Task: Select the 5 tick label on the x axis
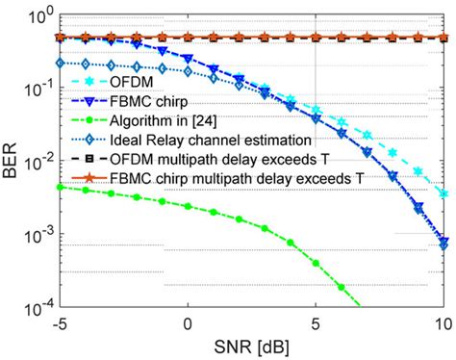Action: [316, 322]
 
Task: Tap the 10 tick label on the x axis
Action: [441, 322]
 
